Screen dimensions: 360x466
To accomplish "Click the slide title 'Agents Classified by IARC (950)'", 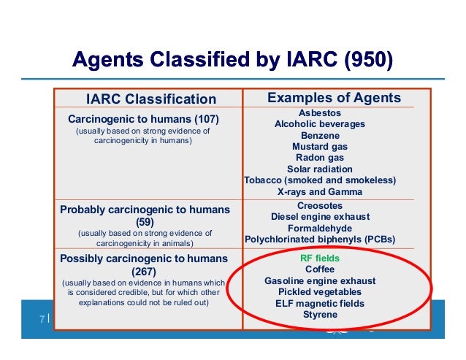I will pyautogui.click(x=233, y=58).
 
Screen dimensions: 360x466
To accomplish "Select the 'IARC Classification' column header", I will pyautogui.click(x=151, y=99).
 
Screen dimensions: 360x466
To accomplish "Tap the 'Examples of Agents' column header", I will pyautogui.click(x=334, y=99).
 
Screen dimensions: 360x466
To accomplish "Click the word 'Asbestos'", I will pyautogui.click(x=320, y=113).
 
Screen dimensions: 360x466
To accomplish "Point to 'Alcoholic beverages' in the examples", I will pyautogui.click(x=320, y=124).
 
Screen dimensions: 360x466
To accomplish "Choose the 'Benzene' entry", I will pyautogui.click(x=320, y=135).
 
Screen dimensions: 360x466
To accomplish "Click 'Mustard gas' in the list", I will pyautogui.click(x=320, y=146).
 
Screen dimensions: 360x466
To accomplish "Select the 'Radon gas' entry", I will pyautogui.click(x=320, y=157).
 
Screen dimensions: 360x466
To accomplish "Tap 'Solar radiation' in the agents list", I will pyautogui.click(x=320, y=169).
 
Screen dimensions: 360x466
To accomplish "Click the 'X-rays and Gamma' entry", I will pyautogui.click(x=320, y=191).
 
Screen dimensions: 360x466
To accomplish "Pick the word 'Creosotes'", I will pyautogui.click(x=320, y=206).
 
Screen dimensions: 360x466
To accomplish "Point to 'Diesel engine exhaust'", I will pyautogui.click(x=320, y=217).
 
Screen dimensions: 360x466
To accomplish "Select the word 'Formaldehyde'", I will pyautogui.click(x=320, y=228).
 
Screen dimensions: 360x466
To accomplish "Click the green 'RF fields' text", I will pyautogui.click(x=320, y=258).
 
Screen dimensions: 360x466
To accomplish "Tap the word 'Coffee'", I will pyautogui.click(x=320, y=269).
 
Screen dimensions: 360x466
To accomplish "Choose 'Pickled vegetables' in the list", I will pyautogui.click(x=320, y=292).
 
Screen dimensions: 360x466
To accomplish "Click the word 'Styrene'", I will pyautogui.click(x=320, y=315).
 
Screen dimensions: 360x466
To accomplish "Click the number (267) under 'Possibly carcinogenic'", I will pyautogui.click(x=144, y=270).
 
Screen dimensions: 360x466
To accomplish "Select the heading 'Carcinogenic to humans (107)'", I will pyautogui.click(x=144, y=118).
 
